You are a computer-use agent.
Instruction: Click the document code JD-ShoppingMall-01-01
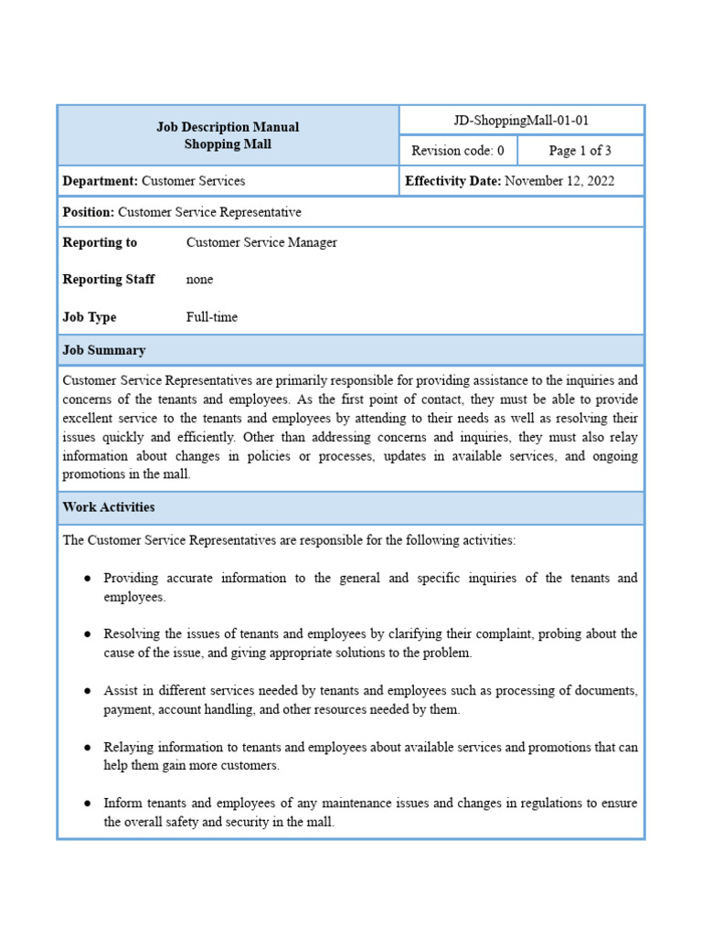coord(521,121)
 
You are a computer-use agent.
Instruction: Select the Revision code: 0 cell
coord(457,151)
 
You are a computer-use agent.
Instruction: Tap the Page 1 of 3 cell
coord(580,151)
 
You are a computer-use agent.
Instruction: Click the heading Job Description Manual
coord(228,127)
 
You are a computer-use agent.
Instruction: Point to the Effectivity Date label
coord(452,181)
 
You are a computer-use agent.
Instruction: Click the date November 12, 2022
coord(559,181)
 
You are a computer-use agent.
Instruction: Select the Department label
coord(100,181)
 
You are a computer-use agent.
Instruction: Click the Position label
coord(89,212)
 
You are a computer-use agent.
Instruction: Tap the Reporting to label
coord(100,242)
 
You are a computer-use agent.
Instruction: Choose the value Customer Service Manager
coord(261,242)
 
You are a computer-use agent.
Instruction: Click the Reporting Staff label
coord(108,280)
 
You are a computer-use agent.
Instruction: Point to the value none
coord(200,280)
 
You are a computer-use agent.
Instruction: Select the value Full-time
coord(212,317)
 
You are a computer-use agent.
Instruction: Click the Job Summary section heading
coord(103,350)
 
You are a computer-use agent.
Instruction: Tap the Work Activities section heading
coord(108,507)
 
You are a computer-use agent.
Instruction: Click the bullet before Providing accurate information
coord(87,579)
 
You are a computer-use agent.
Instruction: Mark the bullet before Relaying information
coord(87,748)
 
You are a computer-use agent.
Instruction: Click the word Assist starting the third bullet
coord(122,690)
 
